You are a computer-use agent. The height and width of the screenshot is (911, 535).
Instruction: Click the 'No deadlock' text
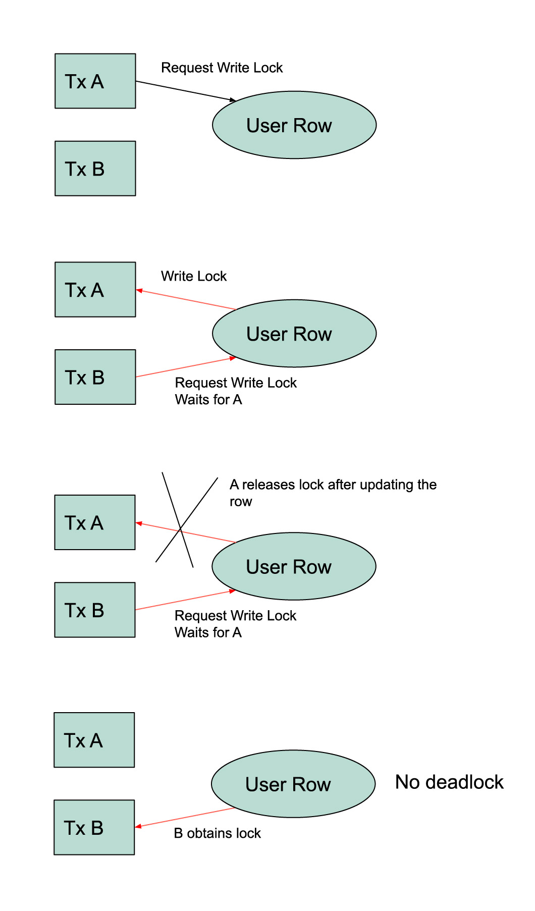[x=449, y=782]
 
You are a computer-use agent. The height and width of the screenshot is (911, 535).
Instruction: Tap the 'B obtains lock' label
[x=217, y=833]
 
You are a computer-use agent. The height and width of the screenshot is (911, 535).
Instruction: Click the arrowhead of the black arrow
[x=233, y=100]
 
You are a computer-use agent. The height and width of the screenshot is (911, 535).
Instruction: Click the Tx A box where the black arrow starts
[x=95, y=81]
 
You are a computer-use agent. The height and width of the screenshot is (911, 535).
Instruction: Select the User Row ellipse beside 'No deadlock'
[x=293, y=784]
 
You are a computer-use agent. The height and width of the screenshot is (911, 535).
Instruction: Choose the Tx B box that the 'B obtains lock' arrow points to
[x=94, y=827]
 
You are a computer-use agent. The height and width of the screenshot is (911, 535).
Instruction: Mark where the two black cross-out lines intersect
[x=180, y=530]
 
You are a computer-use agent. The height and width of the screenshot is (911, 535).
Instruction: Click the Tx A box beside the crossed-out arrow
[x=95, y=522]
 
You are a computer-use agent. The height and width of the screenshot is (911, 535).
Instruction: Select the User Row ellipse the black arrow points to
[x=294, y=125]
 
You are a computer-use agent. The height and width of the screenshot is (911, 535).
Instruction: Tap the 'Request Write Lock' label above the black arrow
[x=222, y=68]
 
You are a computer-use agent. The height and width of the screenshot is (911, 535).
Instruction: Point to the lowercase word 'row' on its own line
[x=241, y=502]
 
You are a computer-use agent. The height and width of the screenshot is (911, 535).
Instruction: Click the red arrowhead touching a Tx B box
[x=138, y=826]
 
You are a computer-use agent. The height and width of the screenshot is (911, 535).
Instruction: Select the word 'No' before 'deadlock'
[x=407, y=782]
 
